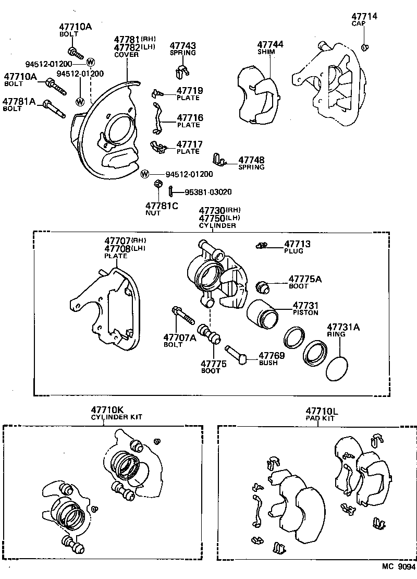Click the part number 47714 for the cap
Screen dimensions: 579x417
click(x=364, y=16)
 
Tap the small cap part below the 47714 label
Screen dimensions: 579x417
click(x=366, y=47)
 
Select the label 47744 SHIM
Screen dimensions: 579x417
click(x=270, y=47)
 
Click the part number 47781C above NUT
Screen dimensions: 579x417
click(x=162, y=206)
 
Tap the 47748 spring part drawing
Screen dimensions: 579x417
click(x=220, y=159)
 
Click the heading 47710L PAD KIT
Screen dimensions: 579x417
click(x=322, y=413)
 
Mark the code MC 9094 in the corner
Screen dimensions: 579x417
click(x=397, y=566)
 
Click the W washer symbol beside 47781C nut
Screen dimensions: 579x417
click(x=145, y=174)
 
